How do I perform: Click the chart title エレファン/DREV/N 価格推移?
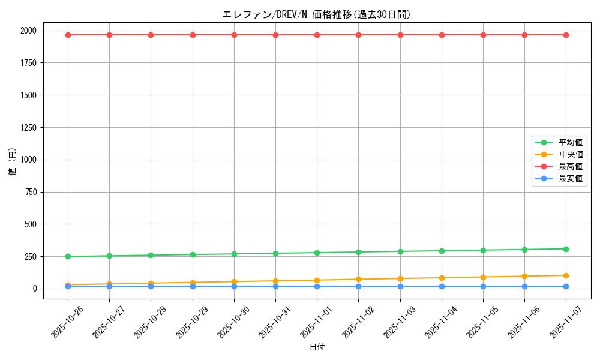coord(316,14)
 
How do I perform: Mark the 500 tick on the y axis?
coord(30,224)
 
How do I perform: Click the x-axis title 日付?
coord(317,347)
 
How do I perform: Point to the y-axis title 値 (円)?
coord(13,162)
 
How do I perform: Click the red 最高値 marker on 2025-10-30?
coord(234,35)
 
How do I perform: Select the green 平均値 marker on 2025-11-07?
coord(566,249)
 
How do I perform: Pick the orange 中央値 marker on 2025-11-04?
coord(442,278)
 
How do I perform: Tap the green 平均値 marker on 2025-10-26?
coord(68,256)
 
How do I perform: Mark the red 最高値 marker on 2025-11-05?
coord(483,35)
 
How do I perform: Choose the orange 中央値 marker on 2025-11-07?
coord(566,275)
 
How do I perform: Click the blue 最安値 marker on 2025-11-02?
coord(358,286)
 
